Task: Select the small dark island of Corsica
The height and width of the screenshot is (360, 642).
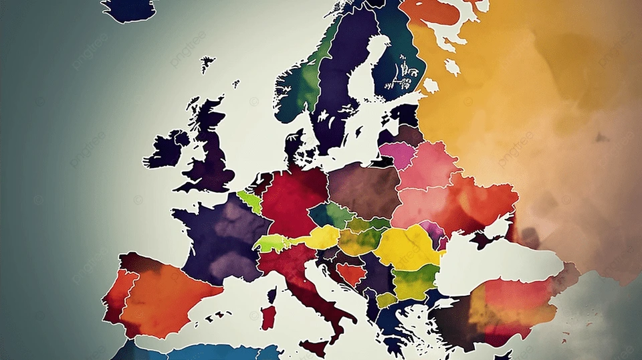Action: point(272,295)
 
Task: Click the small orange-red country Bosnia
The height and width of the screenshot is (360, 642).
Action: point(350,273)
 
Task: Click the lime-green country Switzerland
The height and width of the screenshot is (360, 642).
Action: point(271,242)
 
